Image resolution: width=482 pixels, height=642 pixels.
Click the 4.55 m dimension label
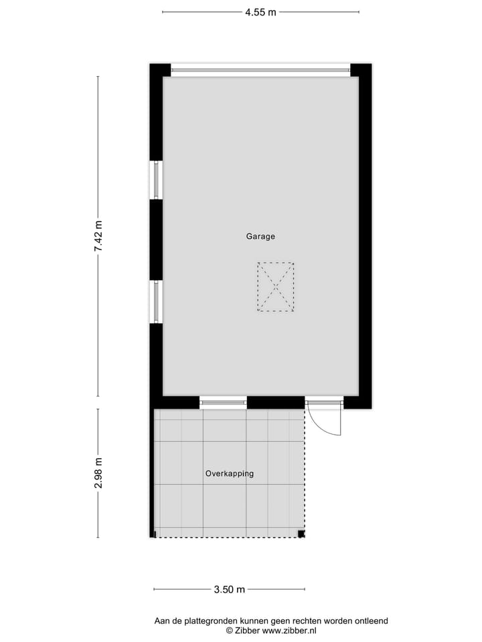pyautogui.click(x=260, y=11)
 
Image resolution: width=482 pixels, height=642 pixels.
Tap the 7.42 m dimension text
pyautogui.click(x=98, y=236)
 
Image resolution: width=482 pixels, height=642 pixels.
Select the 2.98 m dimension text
pyautogui.click(x=98, y=473)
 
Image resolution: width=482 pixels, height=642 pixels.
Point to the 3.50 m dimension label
pyautogui.click(x=229, y=589)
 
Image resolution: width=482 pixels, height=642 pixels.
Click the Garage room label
pyautogui.click(x=260, y=236)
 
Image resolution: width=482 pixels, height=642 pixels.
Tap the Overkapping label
pyautogui.click(x=229, y=473)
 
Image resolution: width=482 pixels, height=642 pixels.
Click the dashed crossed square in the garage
pyautogui.click(x=275, y=287)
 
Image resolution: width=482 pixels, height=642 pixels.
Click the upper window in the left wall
pyautogui.click(x=156, y=180)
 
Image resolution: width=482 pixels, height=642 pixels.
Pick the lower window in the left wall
pyautogui.click(x=156, y=301)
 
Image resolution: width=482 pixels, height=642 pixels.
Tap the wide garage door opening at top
pyautogui.click(x=260, y=69)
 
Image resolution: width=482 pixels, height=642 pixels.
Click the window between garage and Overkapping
pyautogui.click(x=223, y=403)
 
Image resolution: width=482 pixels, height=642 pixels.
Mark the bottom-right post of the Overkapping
pyautogui.click(x=301, y=534)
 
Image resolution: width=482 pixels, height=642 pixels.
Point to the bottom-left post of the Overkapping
pyautogui.click(x=154, y=534)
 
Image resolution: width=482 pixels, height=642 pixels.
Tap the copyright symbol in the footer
pyautogui.click(x=229, y=631)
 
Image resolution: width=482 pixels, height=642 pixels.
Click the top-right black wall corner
pyautogui.click(x=361, y=70)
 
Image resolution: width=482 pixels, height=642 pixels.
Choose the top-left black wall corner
pyautogui.click(x=159, y=70)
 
